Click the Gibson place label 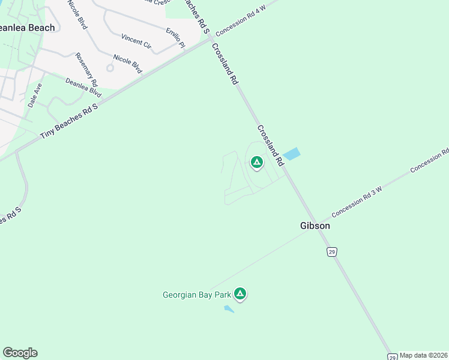[315, 226]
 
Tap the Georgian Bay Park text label [197, 295]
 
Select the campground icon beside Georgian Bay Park [240, 293]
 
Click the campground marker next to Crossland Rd [257, 162]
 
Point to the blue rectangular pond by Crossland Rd [291, 154]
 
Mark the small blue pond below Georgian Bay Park [229, 309]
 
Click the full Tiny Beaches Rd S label [68, 121]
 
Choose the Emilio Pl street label [176, 36]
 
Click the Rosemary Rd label [86, 70]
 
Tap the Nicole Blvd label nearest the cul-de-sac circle [127, 64]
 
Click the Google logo [20, 353]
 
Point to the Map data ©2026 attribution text [423, 355]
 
